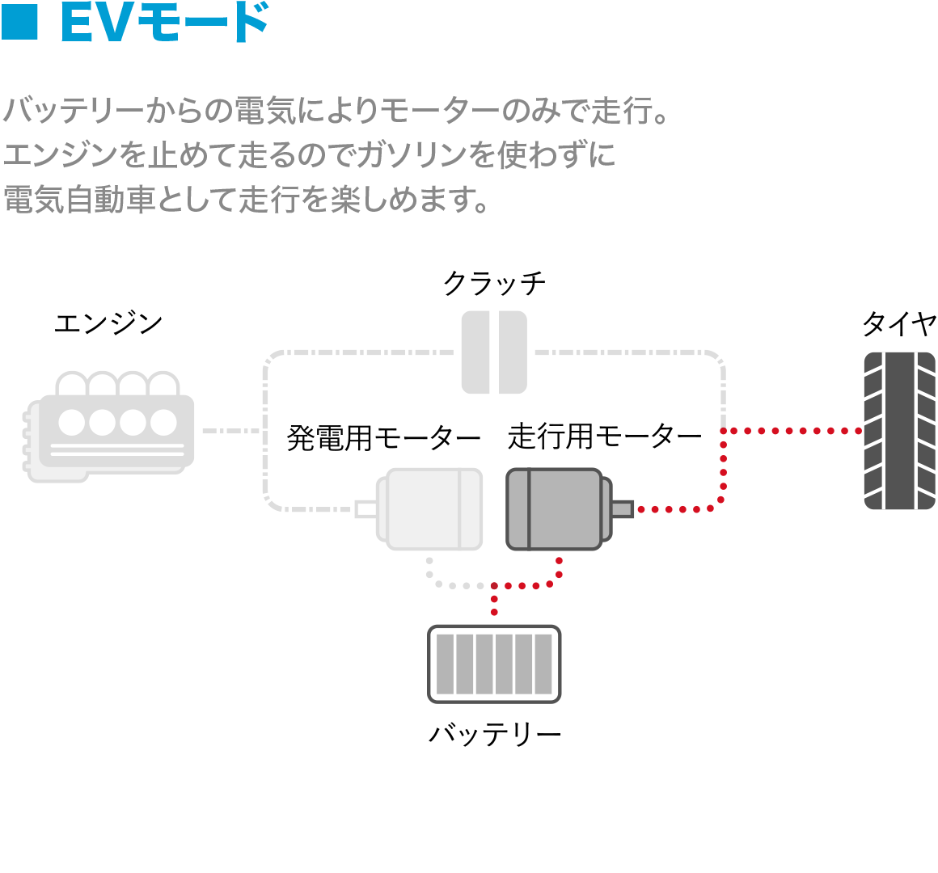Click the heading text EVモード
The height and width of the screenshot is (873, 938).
[x=164, y=23]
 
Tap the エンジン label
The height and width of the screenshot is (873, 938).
[x=108, y=323]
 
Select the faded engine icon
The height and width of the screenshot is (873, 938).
[x=109, y=427]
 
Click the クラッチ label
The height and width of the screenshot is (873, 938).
[x=494, y=283]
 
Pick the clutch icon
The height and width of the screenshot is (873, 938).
[x=494, y=352]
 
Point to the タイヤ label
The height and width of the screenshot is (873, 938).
[x=899, y=324]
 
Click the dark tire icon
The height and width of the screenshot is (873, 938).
[x=899, y=431]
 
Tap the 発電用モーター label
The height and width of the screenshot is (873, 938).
[x=383, y=438]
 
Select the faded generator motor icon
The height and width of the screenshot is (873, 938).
[x=430, y=509]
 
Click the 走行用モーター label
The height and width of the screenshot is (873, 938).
[x=605, y=436]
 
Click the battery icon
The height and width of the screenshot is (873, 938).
[x=494, y=664]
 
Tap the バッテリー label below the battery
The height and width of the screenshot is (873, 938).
[x=494, y=734]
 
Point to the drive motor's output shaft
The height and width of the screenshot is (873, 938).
[x=622, y=509]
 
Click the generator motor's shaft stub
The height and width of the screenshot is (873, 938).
[x=365, y=509]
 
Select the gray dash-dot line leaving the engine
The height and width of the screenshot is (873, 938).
[x=231, y=431]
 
